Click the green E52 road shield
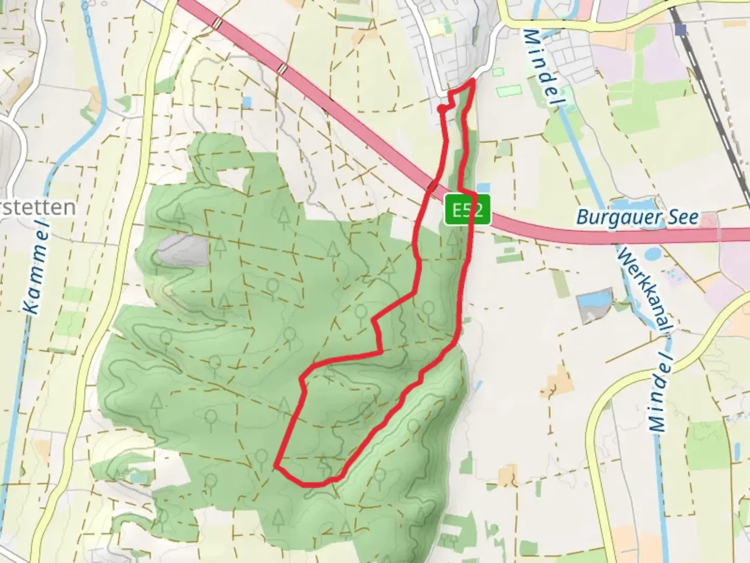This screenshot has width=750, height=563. coord(467,210)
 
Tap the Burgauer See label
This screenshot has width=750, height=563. coord(637,217)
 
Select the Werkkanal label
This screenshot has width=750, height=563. coord(644,290)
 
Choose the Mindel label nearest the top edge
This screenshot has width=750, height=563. coord(540,68)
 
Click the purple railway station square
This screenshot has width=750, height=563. coord(680,29)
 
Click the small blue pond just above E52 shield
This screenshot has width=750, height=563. coord(483,187)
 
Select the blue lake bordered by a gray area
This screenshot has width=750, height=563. coord(594,300)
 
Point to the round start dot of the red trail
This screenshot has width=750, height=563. coord(441,109)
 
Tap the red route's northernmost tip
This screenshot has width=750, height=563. coord(472,80)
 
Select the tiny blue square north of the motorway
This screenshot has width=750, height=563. coord(246,102)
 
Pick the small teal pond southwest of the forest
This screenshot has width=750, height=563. coord(137,477)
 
